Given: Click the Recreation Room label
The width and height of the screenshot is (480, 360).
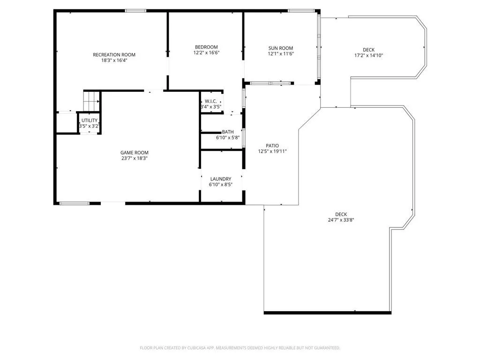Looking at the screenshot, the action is pos(114,55).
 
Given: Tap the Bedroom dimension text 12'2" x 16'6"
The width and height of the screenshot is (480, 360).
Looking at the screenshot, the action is pos(206,52).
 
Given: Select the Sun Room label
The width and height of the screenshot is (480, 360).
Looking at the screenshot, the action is pos(281,48).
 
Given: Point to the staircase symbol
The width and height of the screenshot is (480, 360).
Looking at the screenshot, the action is pos(91,101).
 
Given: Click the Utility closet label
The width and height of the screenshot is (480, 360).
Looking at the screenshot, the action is pos(90,120).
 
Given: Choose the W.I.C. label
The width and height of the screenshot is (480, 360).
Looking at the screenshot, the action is pos(211,101).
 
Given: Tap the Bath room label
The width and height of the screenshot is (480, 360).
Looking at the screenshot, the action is pos(228,132).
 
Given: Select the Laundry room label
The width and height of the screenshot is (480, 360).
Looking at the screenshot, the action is pos(221,179).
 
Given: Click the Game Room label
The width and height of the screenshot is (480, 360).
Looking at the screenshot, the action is pos(135,152).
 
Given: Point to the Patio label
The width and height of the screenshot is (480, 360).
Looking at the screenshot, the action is pos(272,146).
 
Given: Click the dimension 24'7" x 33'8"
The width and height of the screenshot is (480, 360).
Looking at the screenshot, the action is pos(341,220).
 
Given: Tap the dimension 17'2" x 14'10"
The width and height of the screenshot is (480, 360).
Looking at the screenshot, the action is pos(369,55).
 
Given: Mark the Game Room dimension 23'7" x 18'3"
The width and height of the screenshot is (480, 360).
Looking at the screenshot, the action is pos(135,158).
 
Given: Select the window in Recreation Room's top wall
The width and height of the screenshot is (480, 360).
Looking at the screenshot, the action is pos(135,11).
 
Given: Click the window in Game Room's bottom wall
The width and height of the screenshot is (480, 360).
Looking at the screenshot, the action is pos(75,203).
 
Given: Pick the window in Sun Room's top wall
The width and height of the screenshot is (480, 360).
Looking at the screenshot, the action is pos(301,11).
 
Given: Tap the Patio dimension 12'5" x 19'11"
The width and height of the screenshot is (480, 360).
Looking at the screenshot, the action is pos(272,151).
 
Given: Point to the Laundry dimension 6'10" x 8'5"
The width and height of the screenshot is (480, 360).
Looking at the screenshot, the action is pos(221,185).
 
